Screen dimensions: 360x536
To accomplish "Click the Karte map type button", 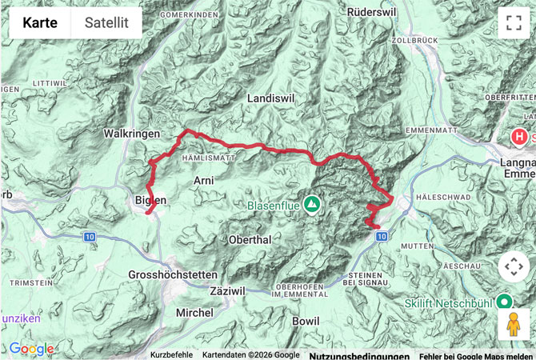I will click(x=39, y=22).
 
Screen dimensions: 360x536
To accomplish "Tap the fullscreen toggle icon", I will click(x=513, y=23).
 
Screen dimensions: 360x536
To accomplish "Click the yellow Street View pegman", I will click(x=513, y=325).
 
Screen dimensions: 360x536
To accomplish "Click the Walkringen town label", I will click(x=132, y=134).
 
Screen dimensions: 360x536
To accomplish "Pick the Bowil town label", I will click(x=306, y=321).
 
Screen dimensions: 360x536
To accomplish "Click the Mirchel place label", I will click(x=194, y=312).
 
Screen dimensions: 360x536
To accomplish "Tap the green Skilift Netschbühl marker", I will click(x=504, y=302).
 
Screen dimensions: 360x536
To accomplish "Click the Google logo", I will click(x=31, y=349).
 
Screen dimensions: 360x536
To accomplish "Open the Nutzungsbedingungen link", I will click(x=359, y=355).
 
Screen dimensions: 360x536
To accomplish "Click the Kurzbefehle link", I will click(x=171, y=355).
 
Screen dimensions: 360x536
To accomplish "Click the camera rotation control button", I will click(x=513, y=266).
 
